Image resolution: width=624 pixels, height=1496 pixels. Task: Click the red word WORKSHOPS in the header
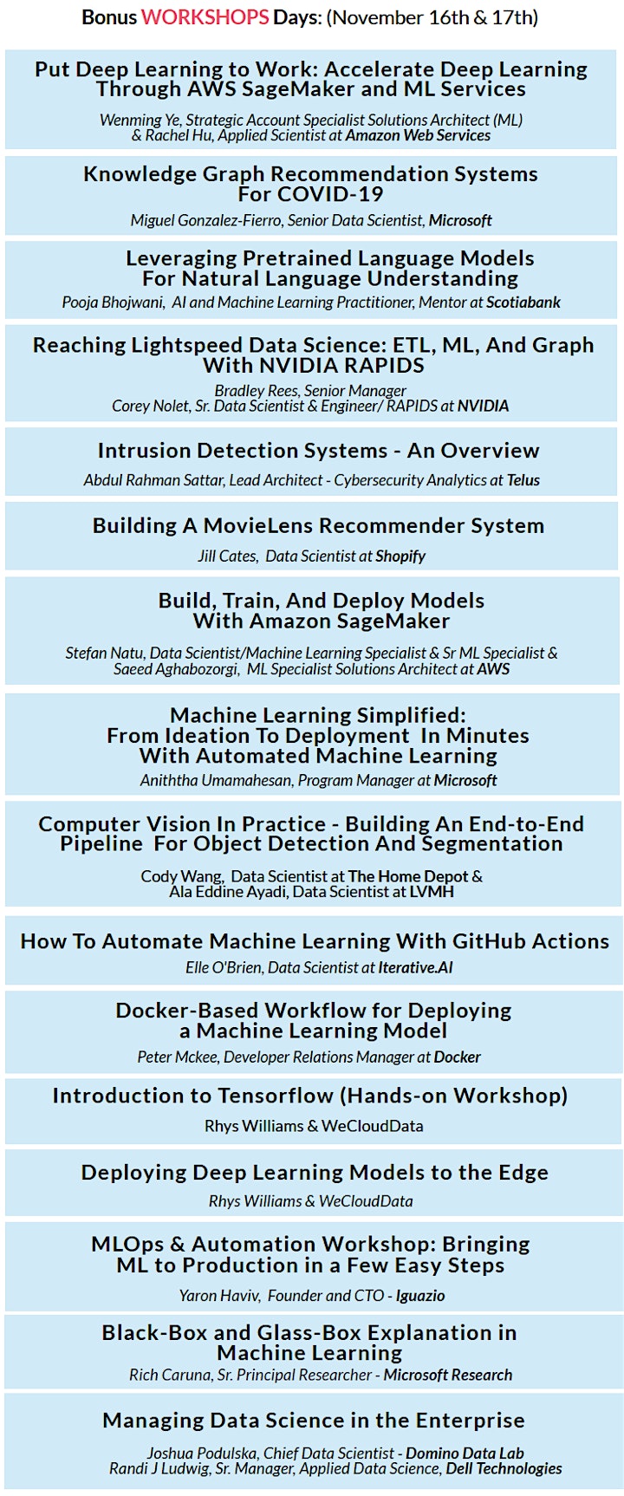[x=205, y=17]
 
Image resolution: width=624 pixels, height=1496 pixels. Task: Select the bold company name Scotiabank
[x=523, y=302]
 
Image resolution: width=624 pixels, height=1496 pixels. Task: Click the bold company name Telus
[x=523, y=479]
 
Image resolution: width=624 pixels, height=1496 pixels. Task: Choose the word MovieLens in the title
[x=255, y=525]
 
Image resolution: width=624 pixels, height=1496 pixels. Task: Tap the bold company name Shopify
[x=400, y=556]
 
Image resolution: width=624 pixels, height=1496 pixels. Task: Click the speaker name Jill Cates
[x=227, y=556]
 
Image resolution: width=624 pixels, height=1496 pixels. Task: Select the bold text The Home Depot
[x=408, y=876]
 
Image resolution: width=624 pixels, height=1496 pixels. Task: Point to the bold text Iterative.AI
[x=415, y=966]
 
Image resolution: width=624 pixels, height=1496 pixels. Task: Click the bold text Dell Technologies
[x=504, y=1469]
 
